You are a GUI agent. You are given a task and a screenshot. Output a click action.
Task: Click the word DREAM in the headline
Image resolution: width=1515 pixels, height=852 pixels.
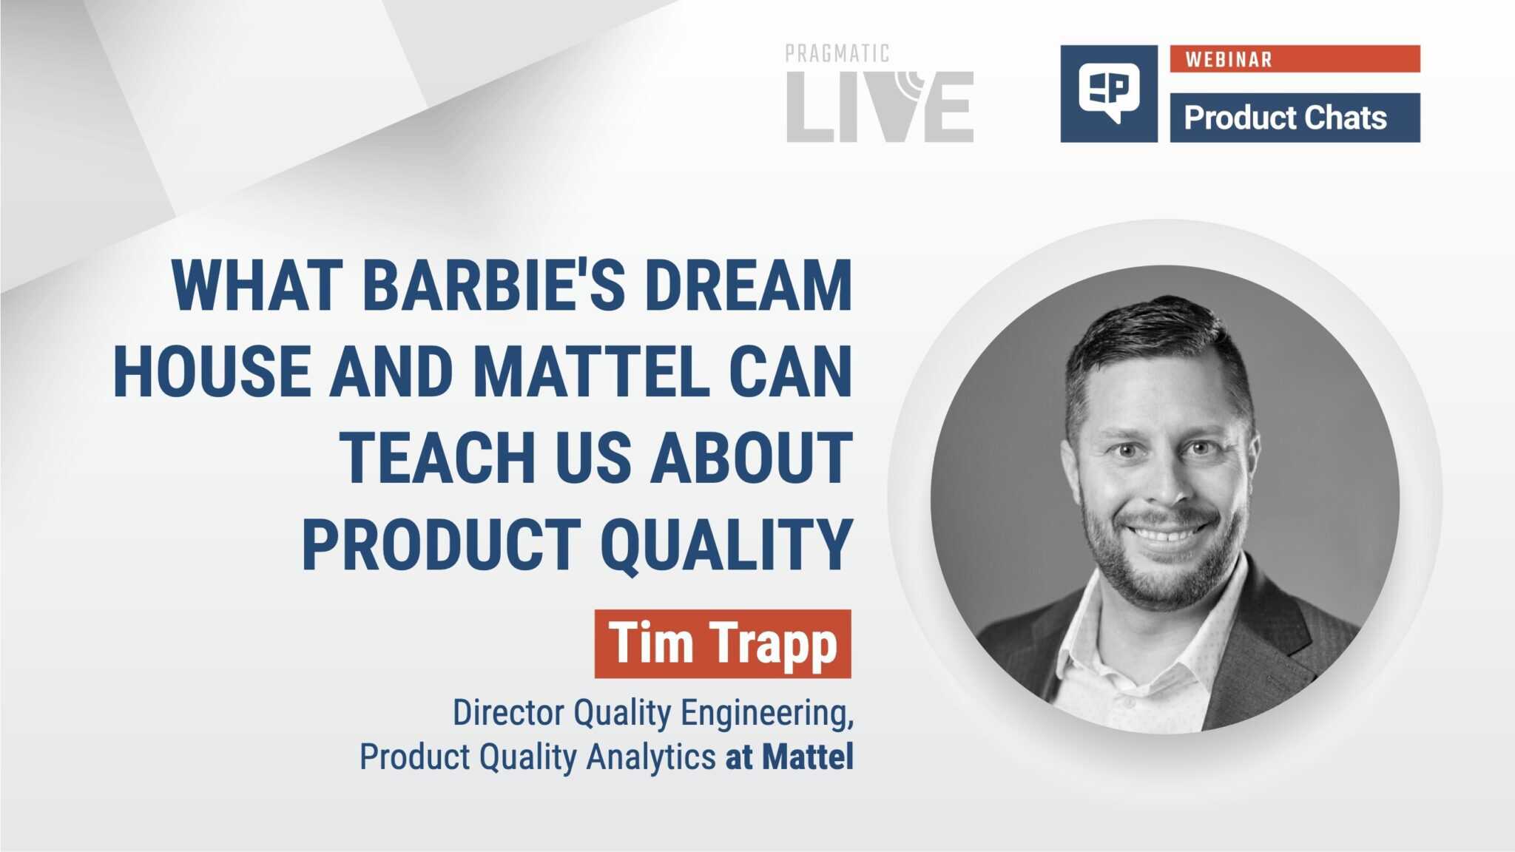point(749,285)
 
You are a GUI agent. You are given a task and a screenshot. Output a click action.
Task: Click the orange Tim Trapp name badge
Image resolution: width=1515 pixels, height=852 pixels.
point(723,643)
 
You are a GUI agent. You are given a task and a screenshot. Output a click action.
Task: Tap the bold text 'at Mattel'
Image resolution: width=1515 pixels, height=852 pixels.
point(789,757)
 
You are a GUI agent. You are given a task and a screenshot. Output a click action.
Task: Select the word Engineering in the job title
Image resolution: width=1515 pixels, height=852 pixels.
point(767,714)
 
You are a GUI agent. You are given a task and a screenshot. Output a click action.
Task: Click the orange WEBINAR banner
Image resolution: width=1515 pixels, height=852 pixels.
point(1295,58)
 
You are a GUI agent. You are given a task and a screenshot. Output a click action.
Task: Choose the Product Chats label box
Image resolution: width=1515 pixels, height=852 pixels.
point(1295,118)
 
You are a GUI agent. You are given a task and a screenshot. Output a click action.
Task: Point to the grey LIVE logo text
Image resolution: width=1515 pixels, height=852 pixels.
point(880,106)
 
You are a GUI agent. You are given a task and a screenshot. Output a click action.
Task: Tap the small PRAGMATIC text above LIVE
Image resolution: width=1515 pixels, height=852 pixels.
point(837,53)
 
